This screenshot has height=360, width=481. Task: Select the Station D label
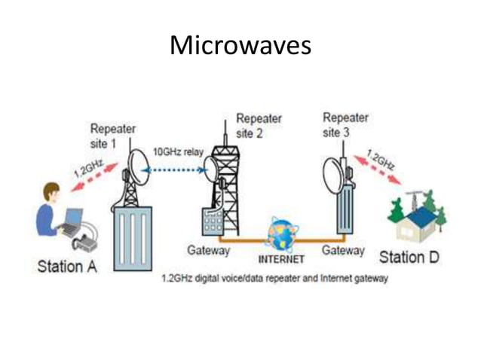coord(410,258)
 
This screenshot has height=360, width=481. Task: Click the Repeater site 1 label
coord(112,136)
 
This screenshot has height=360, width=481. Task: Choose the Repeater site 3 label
coord(345,124)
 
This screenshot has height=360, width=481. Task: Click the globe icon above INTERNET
coord(282,234)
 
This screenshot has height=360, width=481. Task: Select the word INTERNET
coord(281,259)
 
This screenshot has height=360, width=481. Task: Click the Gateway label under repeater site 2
coord(207,250)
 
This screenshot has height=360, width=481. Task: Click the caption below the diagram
coord(274,279)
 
